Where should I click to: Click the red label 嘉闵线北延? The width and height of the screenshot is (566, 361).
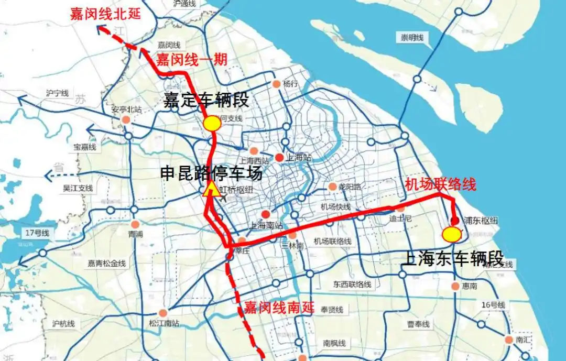point(105,14)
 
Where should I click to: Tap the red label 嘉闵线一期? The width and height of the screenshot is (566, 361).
point(191,59)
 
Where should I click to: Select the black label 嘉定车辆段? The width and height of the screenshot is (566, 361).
point(206,100)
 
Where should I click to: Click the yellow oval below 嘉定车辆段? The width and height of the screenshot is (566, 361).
point(212,123)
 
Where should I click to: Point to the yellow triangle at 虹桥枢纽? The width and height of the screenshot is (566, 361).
point(212,190)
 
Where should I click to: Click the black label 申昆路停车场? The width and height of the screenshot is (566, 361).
point(211,173)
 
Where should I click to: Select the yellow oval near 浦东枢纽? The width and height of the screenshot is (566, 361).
point(451,234)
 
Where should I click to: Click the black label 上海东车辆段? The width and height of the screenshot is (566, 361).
point(452,258)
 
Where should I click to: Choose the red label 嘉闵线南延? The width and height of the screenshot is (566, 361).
point(279,308)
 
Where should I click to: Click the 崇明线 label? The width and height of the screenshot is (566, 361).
point(412,37)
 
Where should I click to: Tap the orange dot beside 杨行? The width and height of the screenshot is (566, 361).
point(277,84)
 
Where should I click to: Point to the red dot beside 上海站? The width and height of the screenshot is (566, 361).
point(279,157)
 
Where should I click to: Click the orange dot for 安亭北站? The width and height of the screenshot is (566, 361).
point(126,120)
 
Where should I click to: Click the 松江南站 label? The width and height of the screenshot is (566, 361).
point(164,323)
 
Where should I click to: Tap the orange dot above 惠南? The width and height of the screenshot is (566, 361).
point(455,286)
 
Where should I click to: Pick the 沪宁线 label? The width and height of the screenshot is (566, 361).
point(57,93)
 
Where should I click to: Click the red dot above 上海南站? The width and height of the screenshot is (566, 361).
point(266,214)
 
